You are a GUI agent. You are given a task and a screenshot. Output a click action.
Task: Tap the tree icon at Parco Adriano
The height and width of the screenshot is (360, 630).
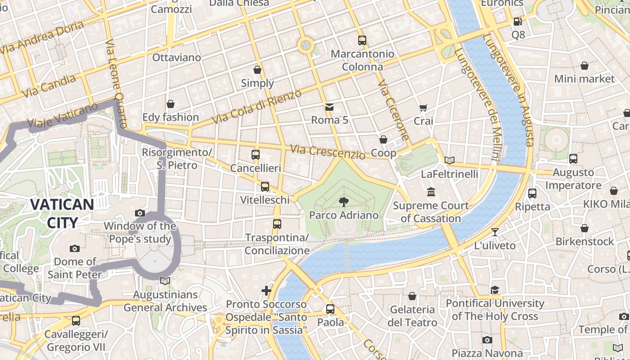[344, 202]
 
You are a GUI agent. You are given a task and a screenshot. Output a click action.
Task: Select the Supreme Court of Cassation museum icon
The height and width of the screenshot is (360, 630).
[431, 192]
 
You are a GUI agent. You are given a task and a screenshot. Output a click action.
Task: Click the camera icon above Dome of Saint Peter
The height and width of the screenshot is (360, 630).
[75, 248]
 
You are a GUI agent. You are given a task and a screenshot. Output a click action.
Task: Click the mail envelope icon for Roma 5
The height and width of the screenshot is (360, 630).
[329, 107]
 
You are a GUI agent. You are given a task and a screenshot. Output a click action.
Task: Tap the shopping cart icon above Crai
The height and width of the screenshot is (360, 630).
[423, 108]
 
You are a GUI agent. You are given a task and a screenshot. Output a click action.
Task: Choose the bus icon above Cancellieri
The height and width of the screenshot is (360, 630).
[256, 155]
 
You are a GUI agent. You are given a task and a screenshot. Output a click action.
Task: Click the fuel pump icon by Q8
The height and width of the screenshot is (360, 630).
[518, 21]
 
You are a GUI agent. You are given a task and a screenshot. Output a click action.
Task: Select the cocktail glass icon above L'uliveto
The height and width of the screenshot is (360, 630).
[495, 232]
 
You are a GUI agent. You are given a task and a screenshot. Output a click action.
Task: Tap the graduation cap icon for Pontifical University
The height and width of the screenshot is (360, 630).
[495, 290]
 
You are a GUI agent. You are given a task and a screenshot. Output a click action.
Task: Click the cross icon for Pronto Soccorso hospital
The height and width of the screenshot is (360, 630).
[266, 291]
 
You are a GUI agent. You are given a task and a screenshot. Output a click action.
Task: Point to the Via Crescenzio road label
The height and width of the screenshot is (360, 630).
[328, 152]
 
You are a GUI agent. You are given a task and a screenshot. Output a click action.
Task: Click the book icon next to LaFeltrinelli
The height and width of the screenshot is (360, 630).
[449, 160]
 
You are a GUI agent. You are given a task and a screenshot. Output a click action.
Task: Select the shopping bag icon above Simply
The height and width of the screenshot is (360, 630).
[257, 70]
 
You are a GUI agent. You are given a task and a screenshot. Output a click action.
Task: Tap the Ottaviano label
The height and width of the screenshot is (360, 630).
[176, 57]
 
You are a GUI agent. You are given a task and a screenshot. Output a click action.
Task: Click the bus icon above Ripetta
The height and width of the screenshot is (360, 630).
[532, 193]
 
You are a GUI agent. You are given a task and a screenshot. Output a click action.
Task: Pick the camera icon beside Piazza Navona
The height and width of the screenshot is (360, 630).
[487, 340]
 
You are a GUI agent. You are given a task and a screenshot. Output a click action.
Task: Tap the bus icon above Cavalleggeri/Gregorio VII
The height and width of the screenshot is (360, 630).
[76, 321]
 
